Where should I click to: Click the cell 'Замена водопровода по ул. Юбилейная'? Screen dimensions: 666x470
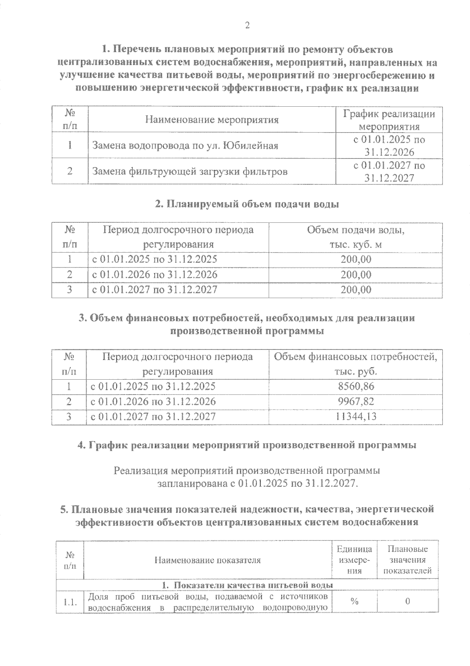click(185, 146)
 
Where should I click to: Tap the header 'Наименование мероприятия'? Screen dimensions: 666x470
click(212, 120)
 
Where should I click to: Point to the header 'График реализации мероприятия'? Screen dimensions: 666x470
click(389, 120)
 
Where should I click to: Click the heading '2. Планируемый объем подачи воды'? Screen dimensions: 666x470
click(247, 204)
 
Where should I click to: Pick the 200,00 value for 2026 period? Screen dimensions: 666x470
click(356, 275)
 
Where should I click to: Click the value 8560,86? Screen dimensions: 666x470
click(356, 386)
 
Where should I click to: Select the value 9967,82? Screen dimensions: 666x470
click(356, 402)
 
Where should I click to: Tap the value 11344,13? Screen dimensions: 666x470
click(356, 417)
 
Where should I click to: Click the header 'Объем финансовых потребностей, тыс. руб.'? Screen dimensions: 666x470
click(356, 364)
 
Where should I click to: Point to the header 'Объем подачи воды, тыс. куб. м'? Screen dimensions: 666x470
click(356, 237)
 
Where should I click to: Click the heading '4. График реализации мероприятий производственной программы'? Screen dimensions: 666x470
click(247, 445)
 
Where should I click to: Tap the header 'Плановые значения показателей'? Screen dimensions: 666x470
click(407, 560)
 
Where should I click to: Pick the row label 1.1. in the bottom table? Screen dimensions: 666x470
click(70, 602)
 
